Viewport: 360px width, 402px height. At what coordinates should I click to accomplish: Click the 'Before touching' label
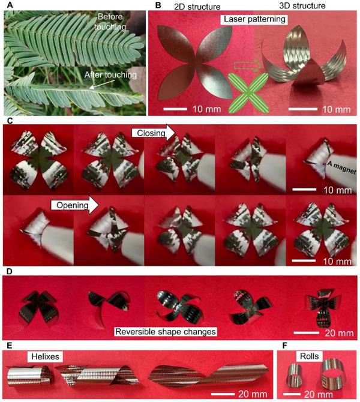(110, 22)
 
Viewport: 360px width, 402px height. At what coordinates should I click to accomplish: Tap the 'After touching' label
(110, 75)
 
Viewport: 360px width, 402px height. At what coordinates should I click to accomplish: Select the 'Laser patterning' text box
(254, 19)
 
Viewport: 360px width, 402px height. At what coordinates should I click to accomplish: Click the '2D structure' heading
(197, 7)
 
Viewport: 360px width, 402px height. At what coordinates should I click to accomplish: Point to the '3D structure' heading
(302, 5)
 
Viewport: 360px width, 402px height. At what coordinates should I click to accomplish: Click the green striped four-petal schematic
(248, 92)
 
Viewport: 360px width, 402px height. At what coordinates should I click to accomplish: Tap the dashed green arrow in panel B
(247, 66)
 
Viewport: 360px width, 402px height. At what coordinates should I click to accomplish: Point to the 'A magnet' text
(341, 167)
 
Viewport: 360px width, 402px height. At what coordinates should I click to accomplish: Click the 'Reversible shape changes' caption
(166, 331)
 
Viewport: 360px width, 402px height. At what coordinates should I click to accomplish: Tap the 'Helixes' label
(45, 356)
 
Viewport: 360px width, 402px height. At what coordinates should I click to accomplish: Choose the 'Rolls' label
(310, 356)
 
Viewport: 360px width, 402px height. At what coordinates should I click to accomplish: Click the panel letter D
(9, 272)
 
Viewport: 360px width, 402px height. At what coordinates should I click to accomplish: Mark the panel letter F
(284, 346)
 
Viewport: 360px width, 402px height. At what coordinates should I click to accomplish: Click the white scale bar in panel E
(223, 394)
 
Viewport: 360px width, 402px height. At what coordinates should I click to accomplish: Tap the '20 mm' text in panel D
(339, 333)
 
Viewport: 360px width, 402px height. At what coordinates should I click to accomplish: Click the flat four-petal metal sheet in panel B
(195, 63)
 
